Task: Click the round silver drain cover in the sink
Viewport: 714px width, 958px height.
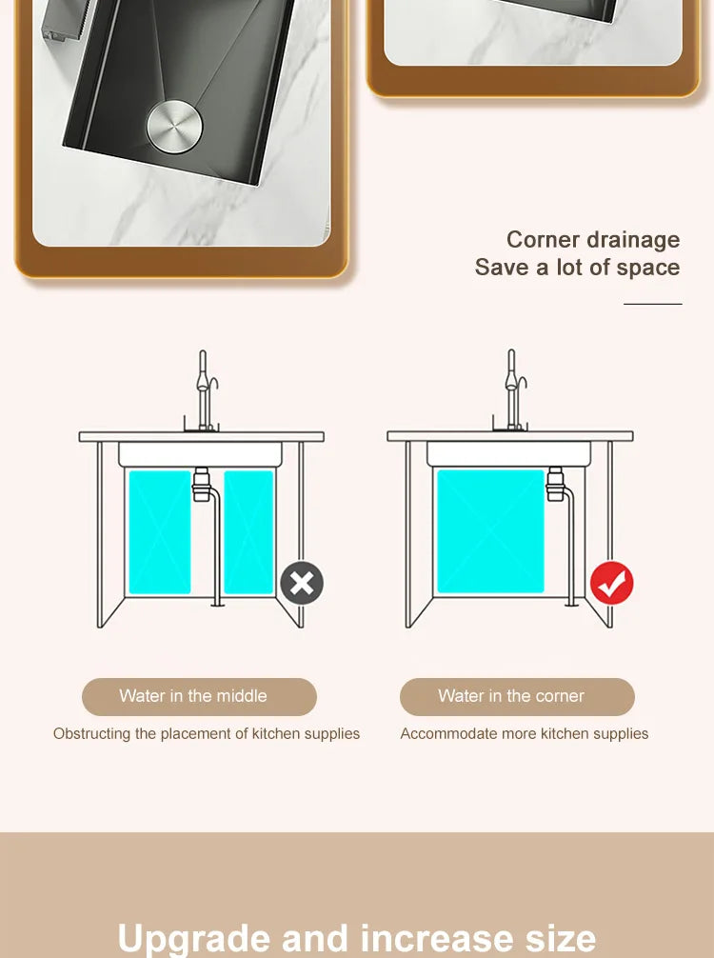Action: [174, 127]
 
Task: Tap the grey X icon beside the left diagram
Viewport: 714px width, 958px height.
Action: [302, 583]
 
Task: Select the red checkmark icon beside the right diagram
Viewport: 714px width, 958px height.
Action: [611, 583]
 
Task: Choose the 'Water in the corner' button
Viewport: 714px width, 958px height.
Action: [517, 696]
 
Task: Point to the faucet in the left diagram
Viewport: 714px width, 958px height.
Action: [205, 391]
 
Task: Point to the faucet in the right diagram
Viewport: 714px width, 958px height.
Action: [513, 391]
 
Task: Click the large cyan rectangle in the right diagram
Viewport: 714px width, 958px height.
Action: [490, 531]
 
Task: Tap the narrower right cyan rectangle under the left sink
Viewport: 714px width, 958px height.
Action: [248, 532]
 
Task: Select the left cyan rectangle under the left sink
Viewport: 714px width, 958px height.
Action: [160, 532]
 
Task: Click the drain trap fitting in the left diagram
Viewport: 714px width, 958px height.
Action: [202, 485]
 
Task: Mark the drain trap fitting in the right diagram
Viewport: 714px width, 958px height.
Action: [555, 484]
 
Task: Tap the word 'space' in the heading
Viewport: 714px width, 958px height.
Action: [648, 269]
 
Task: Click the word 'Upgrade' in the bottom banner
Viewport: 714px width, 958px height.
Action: [193, 938]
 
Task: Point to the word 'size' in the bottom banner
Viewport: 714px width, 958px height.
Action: [561, 938]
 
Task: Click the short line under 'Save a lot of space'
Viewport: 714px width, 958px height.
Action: [652, 304]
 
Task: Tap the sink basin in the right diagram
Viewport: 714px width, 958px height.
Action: [508, 454]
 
